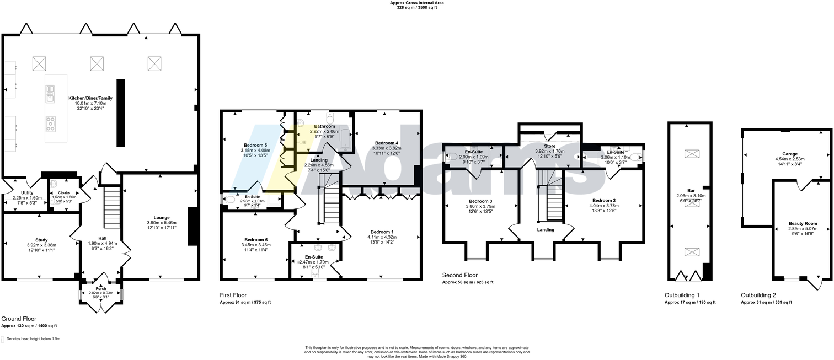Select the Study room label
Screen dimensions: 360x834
coord(41,240)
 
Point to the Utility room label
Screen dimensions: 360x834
coord(27,192)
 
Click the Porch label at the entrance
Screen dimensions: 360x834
coord(101,288)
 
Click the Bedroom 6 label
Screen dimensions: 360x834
coord(256,240)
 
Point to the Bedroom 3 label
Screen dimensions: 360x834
coord(479,201)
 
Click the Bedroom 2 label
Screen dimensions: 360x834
coord(604,200)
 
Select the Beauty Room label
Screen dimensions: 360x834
coord(803,223)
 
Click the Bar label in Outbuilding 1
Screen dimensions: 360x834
coord(691,190)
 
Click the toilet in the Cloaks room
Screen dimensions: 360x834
coord(54,185)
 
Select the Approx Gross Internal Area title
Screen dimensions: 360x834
coord(416,3)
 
